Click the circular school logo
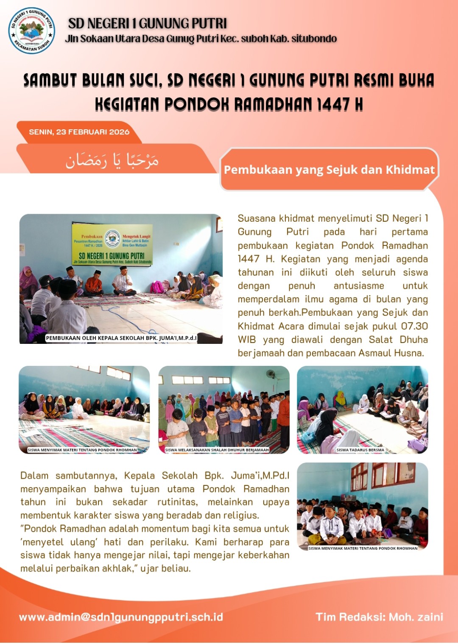click(x=32, y=31)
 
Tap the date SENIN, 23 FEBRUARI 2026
click(x=79, y=132)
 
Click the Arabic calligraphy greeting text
click(x=112, y=160)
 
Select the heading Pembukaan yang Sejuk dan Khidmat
click(x=329, y=170)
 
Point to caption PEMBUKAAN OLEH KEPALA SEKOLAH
click(x=121, y=338)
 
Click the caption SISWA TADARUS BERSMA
click(x=360, y=450)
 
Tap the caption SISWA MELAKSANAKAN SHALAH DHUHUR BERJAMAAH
click(x=217, y=450)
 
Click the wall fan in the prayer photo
click(x=271, y=374)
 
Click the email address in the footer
click(x=121, y=617)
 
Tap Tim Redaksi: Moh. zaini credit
click(x=379, y=617)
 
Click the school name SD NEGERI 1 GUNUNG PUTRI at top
click(x=148, y=23)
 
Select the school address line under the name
click(x=201, y=39)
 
